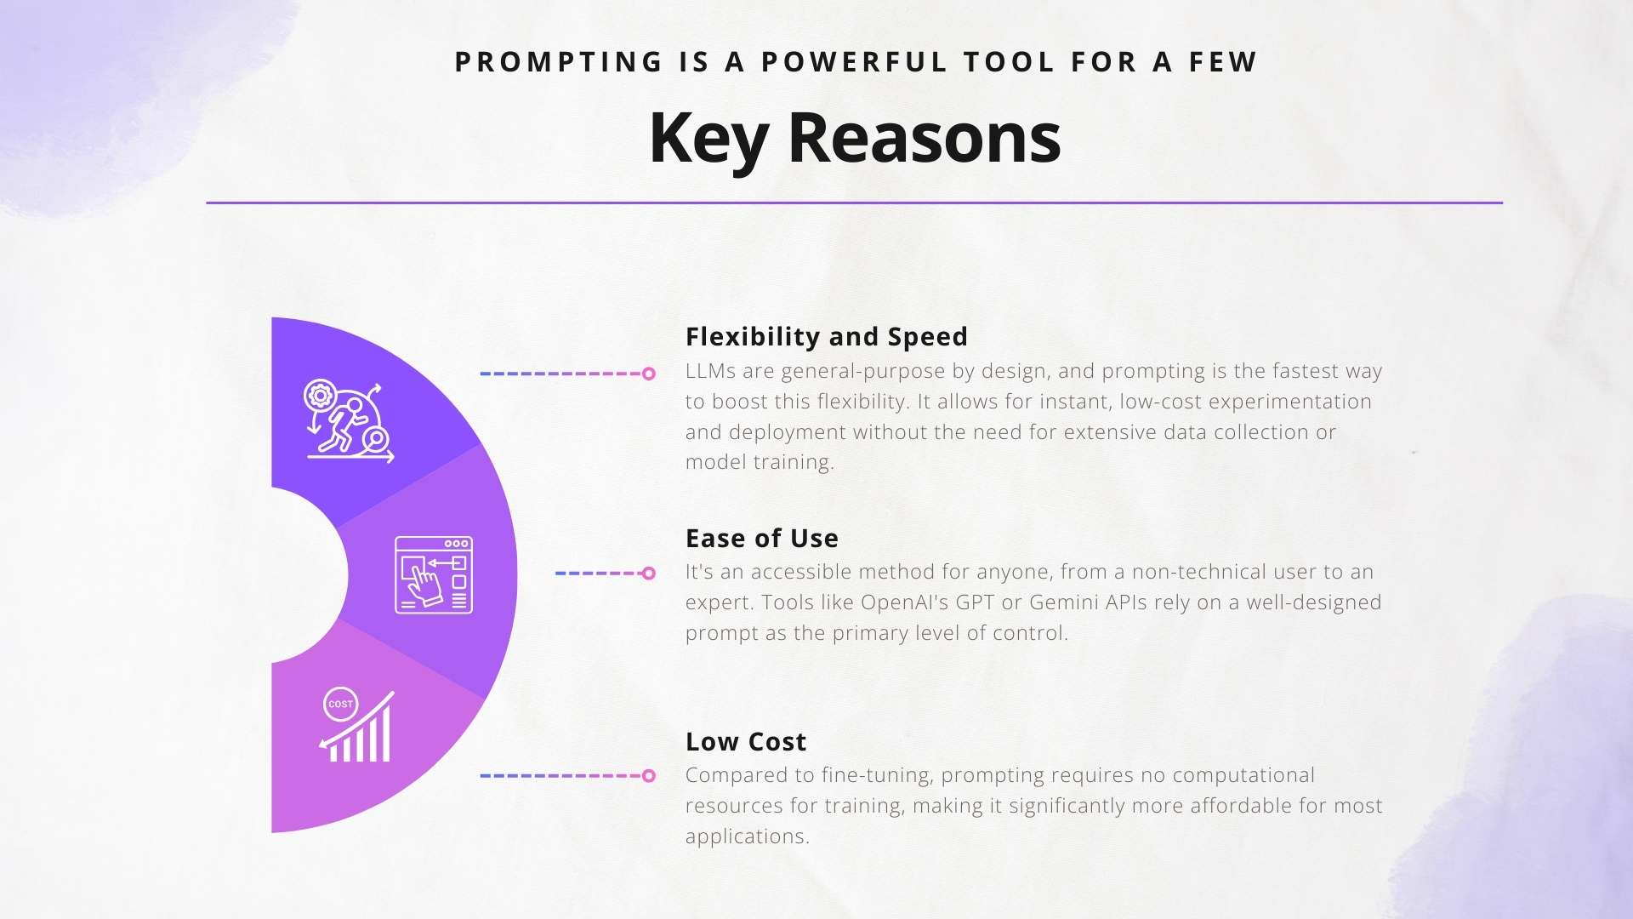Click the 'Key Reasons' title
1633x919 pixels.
pyautogui.click(x=855, y=138)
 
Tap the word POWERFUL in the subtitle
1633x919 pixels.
pyautogui.click(x=854, y=62)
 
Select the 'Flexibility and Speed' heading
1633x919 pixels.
pyautogui.click(x=827, y=337)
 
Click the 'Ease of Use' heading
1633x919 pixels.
pyautogui.click(x=762, y=539)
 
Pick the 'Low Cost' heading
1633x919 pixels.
pyautogui.click(x=746, y=742)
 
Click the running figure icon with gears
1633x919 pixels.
pyautogui.click(x=350, y=421)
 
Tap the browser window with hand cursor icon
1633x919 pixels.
pyautogui.click(x=434, y=574)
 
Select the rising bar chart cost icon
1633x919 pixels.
pyautogui.click(x=358, y=725)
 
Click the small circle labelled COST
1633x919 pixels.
pyautogui.click(x=340, y=704)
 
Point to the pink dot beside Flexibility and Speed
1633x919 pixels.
pyautogui.click(x=649, y=374)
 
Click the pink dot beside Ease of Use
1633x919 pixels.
pyautogui.click(x=649, y=574)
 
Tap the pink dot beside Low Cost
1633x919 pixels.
pyautogui.click(x=649, y=776)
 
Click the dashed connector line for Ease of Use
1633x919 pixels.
pyautogui.click(x=599, y=574)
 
